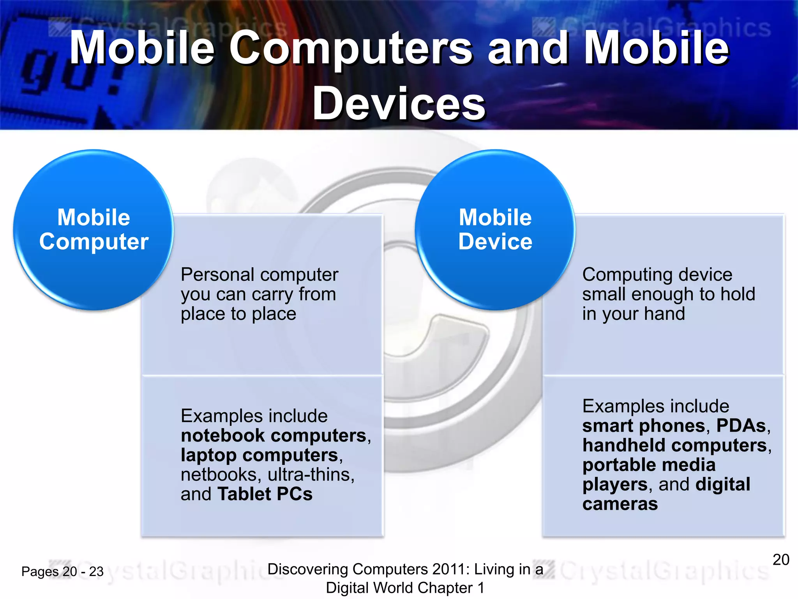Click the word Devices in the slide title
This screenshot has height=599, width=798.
pos(399,104)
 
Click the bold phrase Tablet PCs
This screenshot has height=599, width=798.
pos(265,494)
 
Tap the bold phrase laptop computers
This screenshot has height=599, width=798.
pos(260,455)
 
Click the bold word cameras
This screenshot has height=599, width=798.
pos(620,504)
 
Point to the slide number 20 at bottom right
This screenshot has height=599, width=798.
pos(781,560)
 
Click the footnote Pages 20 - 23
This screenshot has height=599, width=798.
pos(62,572)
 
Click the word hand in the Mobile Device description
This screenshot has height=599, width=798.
pos(664,314)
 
